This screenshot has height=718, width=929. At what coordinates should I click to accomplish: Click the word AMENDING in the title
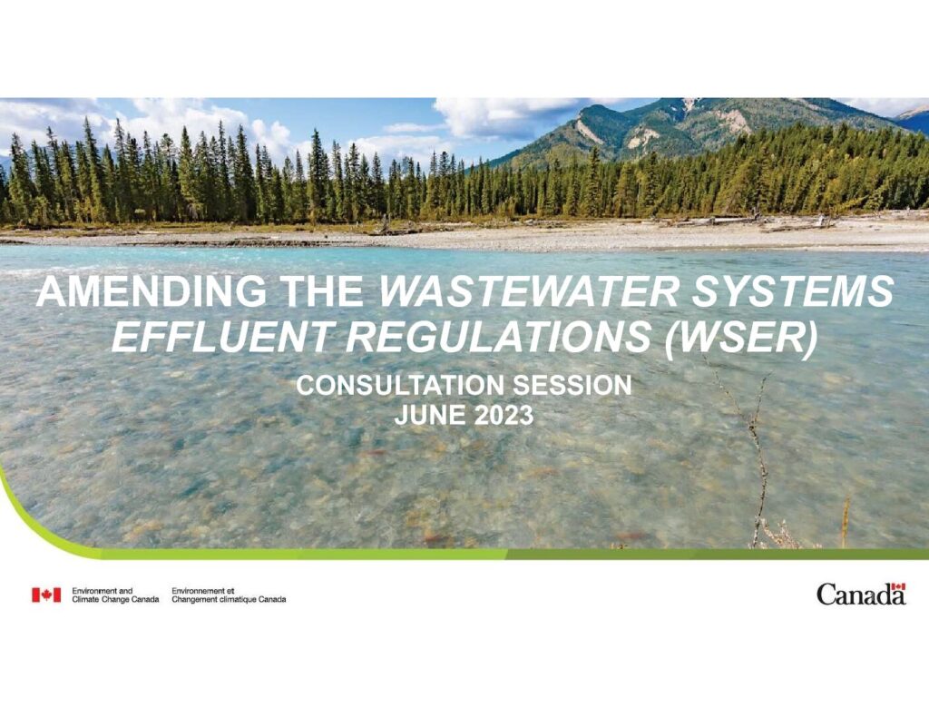(152, 291)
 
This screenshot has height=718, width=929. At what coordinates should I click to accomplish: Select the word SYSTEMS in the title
(793, 291)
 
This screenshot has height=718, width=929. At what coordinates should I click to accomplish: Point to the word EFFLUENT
(220, 336)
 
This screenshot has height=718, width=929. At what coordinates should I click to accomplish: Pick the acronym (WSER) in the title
(742, 338)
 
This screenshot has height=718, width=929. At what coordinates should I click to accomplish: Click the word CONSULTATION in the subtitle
(401, 386)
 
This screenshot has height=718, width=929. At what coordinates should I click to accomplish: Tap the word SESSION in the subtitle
(572, 386)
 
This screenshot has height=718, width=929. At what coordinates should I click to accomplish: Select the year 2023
(504, 415)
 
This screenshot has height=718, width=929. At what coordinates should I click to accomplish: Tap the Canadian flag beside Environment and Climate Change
(46, 595)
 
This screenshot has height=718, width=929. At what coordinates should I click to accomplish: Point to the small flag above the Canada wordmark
(899, 586)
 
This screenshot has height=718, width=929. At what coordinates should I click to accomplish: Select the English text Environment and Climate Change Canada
(115, 595)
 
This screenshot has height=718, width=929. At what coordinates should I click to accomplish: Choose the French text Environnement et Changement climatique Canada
(229, 595)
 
